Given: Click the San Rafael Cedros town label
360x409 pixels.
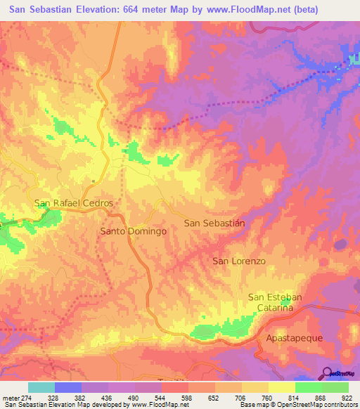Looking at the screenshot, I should tap(74, 203).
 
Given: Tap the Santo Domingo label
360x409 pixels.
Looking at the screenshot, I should tap(133, 231).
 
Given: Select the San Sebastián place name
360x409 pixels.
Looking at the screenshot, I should tap(214, 223).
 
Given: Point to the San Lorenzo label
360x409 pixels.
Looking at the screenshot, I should tap(239, 261).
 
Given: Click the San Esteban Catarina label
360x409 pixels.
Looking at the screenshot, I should tap(275, 302).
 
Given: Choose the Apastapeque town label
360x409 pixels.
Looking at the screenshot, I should tap(295, 338).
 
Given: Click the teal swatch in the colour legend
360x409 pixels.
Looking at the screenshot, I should tap(41, 387).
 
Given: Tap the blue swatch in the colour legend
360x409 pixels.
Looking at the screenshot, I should tap(68, 387).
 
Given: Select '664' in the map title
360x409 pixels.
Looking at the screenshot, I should tap(146, 10).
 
